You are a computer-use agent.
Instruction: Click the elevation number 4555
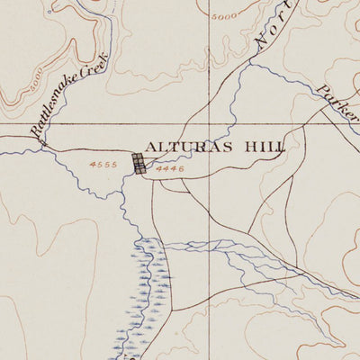click(105, 166)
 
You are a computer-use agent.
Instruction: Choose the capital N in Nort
click(257, 43)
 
